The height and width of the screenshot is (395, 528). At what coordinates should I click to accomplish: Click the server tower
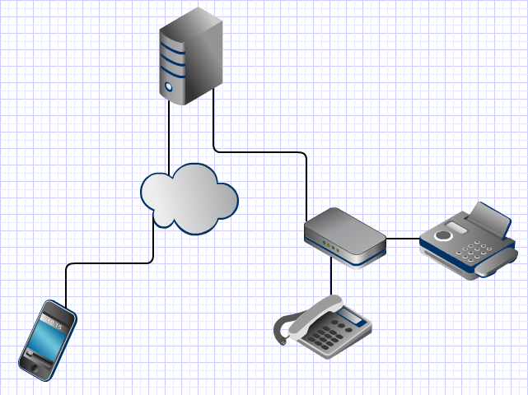pyautogui.click(x=190, y=56)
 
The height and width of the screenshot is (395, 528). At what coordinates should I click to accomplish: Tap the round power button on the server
pyautogui.click(x=169, y=86)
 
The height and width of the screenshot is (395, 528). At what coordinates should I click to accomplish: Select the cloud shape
pyautogui.click(x=189, y=198)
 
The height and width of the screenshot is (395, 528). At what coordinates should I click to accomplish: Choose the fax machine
pyautogui.click(x=468, y=244)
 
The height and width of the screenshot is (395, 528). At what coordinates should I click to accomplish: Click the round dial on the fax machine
pyautogui.click(x=445, y=235)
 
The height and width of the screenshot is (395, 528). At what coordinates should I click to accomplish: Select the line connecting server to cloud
pyautogui.click(x=169, y=136)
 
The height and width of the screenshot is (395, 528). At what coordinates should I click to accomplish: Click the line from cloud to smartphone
pyautogui.click(x=107, y=263)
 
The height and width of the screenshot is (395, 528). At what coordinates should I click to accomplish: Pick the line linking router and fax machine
pyautogui.click(x=403, y=239)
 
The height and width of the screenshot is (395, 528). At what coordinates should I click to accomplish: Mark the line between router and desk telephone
pyautogui.click(x=331, y=280)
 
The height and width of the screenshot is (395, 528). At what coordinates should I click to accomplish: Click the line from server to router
pyautogui.click(x=264, y=151)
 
